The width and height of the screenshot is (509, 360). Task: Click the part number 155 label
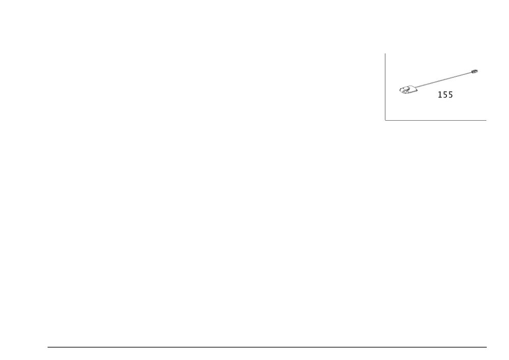click(x=445, y=95)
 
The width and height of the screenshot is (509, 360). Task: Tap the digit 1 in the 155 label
click(x=440, y=95)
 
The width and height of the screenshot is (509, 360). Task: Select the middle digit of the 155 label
click(x=445, y=95)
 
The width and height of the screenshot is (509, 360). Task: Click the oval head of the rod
click(x=408, y=90)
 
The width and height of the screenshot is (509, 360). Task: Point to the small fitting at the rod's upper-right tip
click(x=475, y=71)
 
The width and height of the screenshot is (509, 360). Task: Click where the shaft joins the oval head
click(x=418, y=87)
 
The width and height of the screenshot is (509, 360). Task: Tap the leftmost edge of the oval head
click(x=399, y=90)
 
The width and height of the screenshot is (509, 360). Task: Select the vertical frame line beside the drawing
click(x=385, y=87)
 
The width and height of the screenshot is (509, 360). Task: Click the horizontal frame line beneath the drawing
click(x=436, y=121)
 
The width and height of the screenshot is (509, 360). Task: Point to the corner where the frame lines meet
click(x=385, y=121)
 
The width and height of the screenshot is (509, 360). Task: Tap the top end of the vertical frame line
click(x=385, y=52)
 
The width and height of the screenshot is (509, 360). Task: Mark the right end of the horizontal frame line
click(x=487, y=121)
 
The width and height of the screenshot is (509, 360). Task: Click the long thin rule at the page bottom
click(x=267, y=348)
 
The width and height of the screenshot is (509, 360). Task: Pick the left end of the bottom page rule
click(x=47, y=348)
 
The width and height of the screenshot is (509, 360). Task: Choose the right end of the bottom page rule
click(x=487, y=348)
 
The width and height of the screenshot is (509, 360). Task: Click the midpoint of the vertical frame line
click(x=385, y=87)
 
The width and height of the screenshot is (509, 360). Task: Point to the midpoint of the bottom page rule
click(x=267, y=348)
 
